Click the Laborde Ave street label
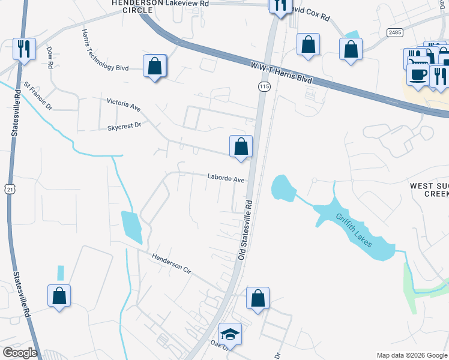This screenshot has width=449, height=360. click(226, 179)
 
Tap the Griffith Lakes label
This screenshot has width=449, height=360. click(354, 230)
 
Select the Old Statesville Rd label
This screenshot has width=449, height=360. click(246, 230)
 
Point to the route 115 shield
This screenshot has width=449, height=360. click(264, 88)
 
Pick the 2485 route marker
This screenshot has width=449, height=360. click(394, 32)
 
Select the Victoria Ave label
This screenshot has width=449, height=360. click(124, 105)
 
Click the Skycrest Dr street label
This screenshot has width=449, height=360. click(124, 126)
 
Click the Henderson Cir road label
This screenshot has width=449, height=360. click(170, 263)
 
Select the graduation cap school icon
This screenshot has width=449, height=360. click(230, 334)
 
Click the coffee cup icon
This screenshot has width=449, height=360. click(418, 74)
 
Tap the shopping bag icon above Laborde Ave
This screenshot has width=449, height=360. click(241, 146)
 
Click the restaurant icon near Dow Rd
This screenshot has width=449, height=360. click(24, 49)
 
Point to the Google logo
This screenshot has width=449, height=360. click(20, 353)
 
